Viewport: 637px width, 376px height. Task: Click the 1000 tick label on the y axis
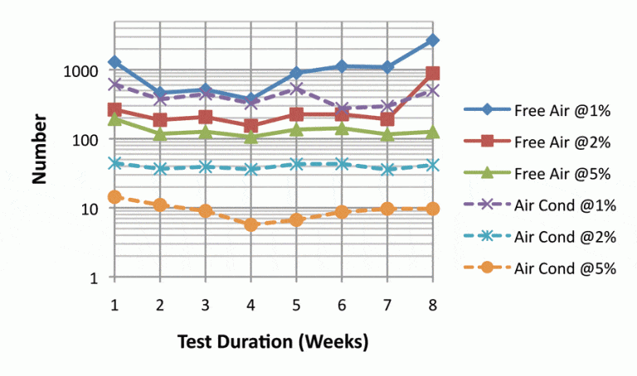pos(85,71)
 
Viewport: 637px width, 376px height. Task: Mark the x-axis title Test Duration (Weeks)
pos(273,340)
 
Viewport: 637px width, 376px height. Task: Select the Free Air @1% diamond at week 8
pos(432,40)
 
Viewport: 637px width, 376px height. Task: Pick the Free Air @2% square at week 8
pos(432,74)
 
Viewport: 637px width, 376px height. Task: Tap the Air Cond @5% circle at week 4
pos(251,224)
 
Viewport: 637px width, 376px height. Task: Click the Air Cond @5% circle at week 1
pos(114,197)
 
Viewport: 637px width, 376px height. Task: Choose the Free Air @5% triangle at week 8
pos(432,132)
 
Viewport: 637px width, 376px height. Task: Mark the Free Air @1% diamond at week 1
pos(114,62)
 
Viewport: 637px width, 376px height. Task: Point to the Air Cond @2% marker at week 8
pos(432,165)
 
